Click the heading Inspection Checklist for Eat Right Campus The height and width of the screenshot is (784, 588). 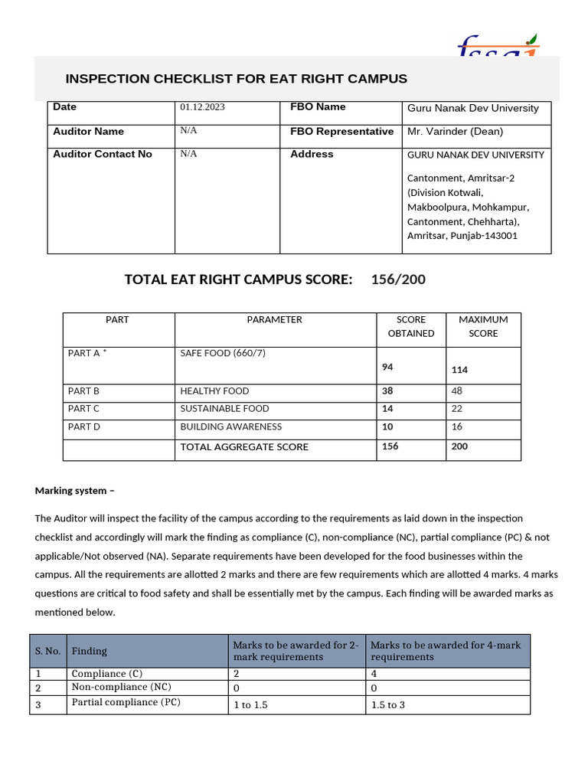pyautogui.click(x=236, y=79)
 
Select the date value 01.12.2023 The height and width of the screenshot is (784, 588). pyautogui.click(x=202, y=108)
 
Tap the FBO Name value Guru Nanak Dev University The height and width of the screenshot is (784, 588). pyautogui.click(x=472, y=109)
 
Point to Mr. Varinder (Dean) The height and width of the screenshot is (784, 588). pyautogui.click(x=455, y=132)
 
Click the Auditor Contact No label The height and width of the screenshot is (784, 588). pyautogui.click(x=103, y=155)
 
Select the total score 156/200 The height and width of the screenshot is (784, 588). pyautogui.click(x=398, y=279)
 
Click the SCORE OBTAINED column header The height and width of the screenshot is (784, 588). pyautogui.click(x=410, y=326)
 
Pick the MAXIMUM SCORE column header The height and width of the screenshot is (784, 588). pyautogui.click(x=483, y=326)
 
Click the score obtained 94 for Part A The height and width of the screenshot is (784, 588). pyautogui.click(x=387, y=367)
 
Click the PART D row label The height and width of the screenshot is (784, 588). pyautogui.click(x=83, y=427)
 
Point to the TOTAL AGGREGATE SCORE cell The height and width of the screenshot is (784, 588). pyautogui.click(x=244, y=447)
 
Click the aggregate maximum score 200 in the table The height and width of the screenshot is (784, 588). pyautogui.click(x=459, y=446)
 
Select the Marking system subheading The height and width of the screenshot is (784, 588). pyautogui.click(x=74, y=491)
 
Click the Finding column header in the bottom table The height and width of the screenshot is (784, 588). pyautogui.click(x=90, y=652)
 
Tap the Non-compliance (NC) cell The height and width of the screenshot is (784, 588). pyautogui.click(x=121, y=688)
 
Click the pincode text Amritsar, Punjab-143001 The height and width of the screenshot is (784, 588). pyautogui.click(x=462, y=236)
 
